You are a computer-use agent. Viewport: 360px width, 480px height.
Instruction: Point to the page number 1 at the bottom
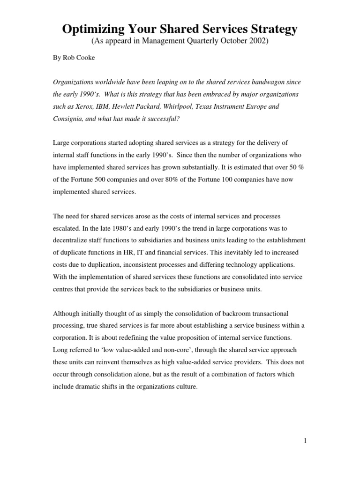[x=304, y=441]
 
